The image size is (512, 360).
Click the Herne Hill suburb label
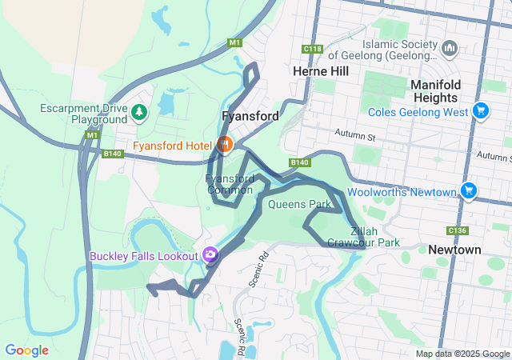tap(322, 71)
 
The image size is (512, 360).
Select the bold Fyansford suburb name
tap(250, 116)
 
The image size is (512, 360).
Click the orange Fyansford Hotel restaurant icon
tap(225, 145)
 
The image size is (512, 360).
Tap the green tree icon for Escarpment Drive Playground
tap(140, 112)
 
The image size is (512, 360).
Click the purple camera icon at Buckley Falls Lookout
tap(210, 255)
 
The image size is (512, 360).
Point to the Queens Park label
tap(299, 204)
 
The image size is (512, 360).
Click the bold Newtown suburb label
tap(454, 250)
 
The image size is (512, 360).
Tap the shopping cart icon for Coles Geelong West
tap(480, 111)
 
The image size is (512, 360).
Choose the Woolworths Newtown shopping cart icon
tap(469, 191)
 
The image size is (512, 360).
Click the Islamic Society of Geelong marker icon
tap(450, 50)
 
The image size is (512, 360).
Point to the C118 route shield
tap(312, 50)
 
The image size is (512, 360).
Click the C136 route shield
tap(458, 230)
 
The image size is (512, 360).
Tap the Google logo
tap(26, 350)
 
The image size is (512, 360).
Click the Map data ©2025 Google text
tap(462, 354)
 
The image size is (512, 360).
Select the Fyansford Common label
tap(230, 184)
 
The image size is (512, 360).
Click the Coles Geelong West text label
tap(418, 113)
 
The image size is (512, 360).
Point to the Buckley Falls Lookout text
tap(143, 256)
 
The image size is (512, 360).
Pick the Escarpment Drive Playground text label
tap(88, 114)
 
